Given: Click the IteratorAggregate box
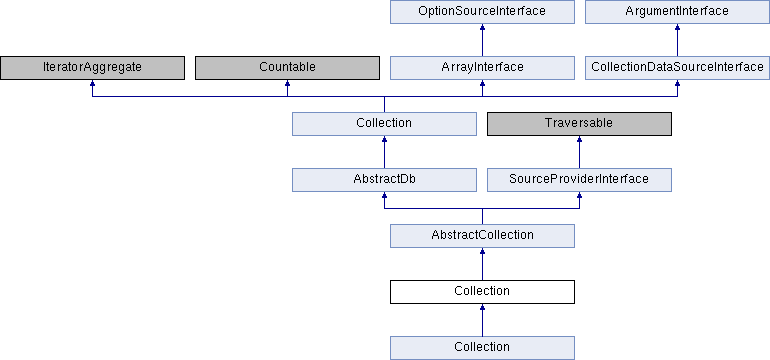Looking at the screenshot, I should point(92,67).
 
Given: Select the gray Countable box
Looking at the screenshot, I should point(287,67).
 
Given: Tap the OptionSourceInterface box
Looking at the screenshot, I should point(482,11).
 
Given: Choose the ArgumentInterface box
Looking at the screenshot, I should point(677,11).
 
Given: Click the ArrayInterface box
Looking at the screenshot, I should point(482,67).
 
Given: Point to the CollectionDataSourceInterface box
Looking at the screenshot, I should point(677,67).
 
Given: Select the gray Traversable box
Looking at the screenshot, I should point(579,123).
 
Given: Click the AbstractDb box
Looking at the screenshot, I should point(384,179).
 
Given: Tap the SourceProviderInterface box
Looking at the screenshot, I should point(579,179).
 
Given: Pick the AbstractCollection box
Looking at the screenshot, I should point(482,235).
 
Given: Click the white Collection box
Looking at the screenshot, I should point(482,291).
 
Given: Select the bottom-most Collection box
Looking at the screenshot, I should point(482,347).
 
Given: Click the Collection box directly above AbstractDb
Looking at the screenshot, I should point(384,123).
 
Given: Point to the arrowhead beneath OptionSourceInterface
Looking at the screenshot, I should point(482,29).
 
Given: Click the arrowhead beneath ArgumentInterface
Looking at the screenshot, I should point(677,29).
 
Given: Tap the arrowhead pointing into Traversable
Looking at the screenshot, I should point(579,141).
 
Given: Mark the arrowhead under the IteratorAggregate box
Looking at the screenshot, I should point(92,85).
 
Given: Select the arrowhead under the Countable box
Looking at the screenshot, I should point(287,85).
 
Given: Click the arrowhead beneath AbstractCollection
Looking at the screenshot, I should point(482,253).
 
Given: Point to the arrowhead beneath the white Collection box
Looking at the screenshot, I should point(482,309).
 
